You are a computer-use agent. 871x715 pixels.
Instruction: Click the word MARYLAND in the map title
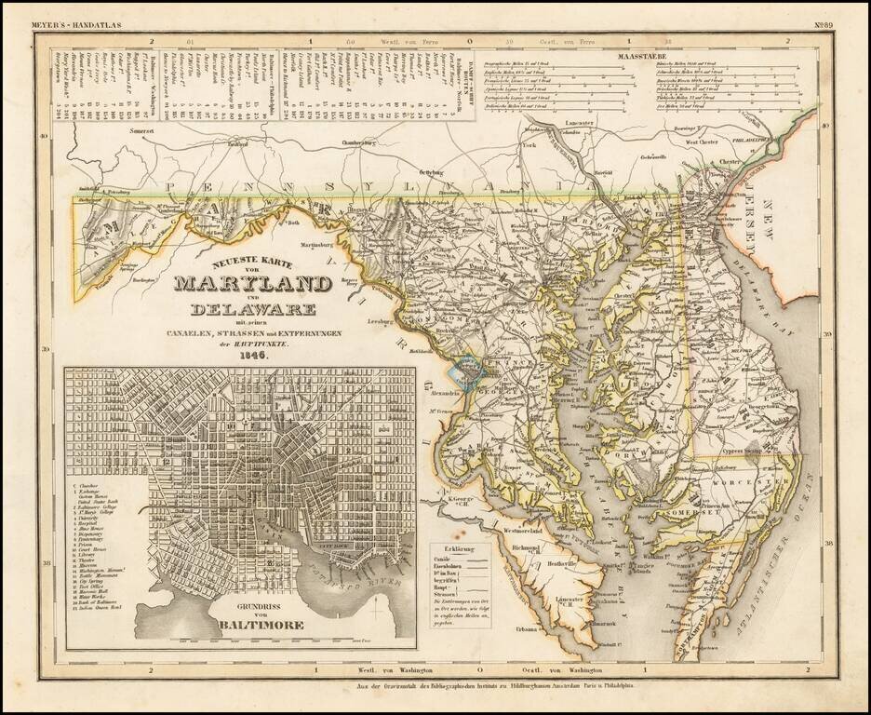click(252, 283)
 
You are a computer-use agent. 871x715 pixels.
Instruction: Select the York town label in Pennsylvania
click(529, 146)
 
